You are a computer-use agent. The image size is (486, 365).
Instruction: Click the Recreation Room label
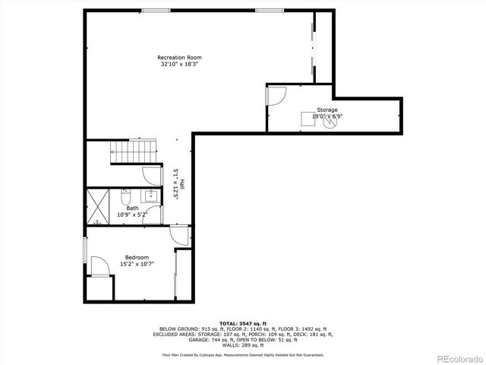click(179, 58)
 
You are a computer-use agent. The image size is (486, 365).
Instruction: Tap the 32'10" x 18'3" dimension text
click(179, 65)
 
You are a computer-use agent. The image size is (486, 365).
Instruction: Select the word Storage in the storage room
click(327, 110)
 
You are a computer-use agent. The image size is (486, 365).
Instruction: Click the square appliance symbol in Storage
click(308, 118)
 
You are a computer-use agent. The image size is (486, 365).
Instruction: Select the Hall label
click(182, 183)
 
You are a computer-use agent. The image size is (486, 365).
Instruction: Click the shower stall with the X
click(99, 206)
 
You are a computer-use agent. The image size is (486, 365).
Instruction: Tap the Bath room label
click(132, 208)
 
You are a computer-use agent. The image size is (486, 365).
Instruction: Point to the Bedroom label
click(137, 257)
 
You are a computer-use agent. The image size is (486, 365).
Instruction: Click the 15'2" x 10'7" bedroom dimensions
click(137, 264)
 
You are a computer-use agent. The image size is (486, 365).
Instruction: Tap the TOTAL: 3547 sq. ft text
click(242, 324)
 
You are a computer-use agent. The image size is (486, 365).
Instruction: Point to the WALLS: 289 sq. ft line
click(242, 345)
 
